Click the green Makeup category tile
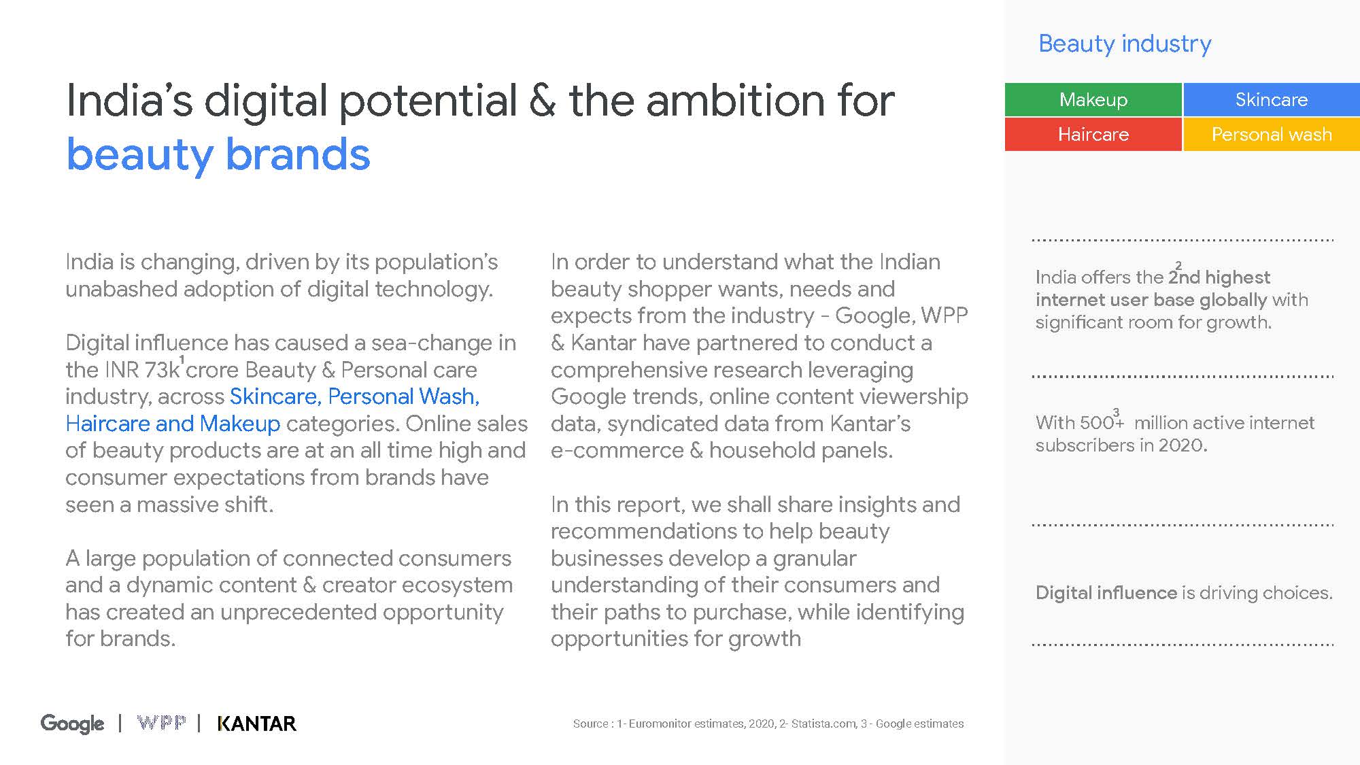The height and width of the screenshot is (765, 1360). (x=1093, y=99)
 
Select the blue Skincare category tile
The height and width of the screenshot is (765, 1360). (x=1272, y=99)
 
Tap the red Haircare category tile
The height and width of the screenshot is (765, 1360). (x=1093, y=134)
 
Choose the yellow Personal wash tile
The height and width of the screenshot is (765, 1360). (x=1272, y=134)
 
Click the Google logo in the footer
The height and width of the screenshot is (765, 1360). (x=73, y=724)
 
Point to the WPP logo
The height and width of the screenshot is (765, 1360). (x=161, y=722)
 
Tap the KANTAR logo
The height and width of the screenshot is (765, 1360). (x=257, y=724)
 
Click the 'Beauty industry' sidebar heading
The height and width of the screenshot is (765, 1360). (x=1125, y=44)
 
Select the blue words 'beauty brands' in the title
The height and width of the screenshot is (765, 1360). (x=218, y=155)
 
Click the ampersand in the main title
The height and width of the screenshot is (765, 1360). (x=542, y=101)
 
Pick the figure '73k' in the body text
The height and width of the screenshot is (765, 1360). (x=162, y=370)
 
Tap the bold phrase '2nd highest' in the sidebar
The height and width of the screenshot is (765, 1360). (x=1219, y=277)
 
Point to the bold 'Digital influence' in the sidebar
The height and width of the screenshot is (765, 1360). (x=1106, y=593)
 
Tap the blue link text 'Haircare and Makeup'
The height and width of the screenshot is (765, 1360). (x=173, y=424)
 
